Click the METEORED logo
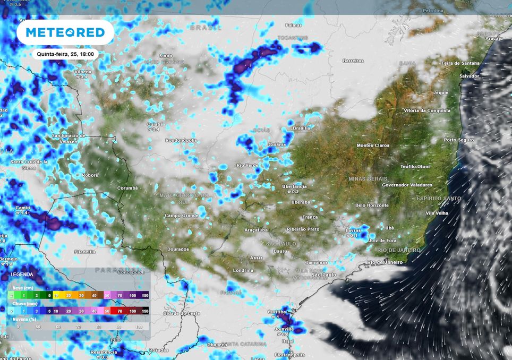pos(65,32)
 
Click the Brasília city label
pos(301,128)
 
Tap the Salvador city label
pos(469,76)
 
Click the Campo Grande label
pos(181,216)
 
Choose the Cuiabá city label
pos(155,124)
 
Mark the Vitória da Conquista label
pos(427,110)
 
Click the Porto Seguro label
pos(458,140)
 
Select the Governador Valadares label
pos(407,185)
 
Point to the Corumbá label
pos(127,188)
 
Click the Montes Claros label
pos(373,145)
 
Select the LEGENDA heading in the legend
pos(22,275)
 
